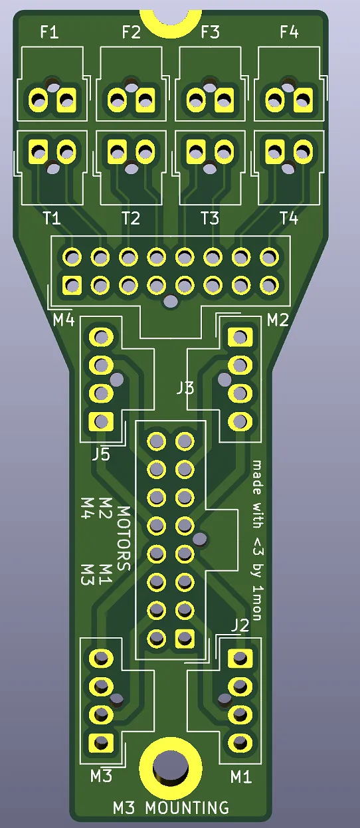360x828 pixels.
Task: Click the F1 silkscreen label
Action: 49,33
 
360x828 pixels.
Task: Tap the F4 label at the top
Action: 289,32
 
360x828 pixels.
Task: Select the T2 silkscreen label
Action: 131,219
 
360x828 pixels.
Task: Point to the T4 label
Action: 289,218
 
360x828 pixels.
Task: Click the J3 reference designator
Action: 185,388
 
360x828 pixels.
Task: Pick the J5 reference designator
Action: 101,455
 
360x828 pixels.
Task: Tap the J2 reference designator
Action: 240,625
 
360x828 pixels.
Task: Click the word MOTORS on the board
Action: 124,538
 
